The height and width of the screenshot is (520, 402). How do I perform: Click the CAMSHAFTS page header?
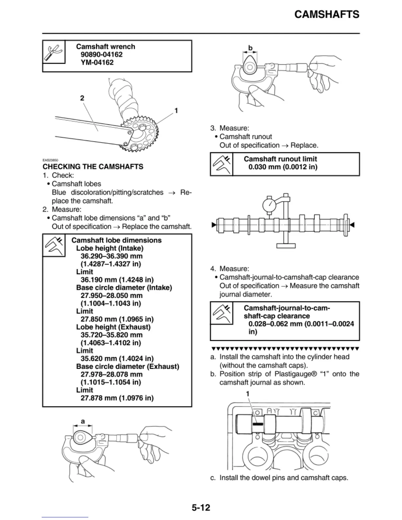tap(326, 14)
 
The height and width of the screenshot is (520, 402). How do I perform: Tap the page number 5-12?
tap(201, 508)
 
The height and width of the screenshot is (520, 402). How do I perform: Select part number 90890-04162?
tap(101, 54)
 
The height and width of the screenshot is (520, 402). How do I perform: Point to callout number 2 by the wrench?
tap(82, 98)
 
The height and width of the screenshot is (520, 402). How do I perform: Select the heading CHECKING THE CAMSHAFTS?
tap(93, 166)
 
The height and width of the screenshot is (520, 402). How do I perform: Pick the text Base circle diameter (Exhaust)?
tap(127, 366)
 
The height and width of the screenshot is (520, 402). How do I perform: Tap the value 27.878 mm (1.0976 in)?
tap(117, 398)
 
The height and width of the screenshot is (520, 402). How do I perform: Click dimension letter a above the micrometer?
tap(83, 421)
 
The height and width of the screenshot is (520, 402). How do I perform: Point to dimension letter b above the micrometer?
tap(250, 48)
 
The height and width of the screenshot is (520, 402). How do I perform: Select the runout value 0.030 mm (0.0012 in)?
tap(283, 167)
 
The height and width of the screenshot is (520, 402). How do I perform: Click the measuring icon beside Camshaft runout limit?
tap(221, 164)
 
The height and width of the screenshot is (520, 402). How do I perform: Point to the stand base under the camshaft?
tap(286, 245)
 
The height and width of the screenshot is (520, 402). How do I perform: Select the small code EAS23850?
tap(50, 160)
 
